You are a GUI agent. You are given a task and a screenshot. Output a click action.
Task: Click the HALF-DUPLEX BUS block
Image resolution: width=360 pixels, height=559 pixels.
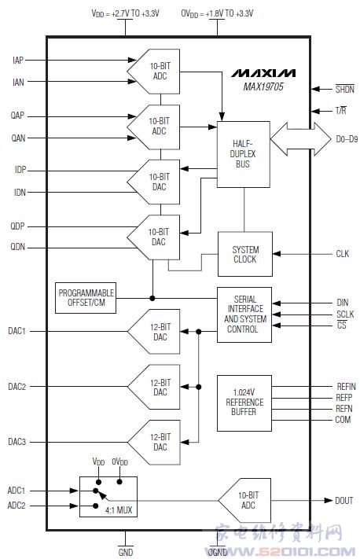pos(244,154)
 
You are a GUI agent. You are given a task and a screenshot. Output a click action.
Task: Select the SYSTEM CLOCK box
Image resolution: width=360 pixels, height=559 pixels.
pos(245,254)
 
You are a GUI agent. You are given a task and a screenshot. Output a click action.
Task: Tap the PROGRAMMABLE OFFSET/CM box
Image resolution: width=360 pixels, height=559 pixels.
pos(86,298)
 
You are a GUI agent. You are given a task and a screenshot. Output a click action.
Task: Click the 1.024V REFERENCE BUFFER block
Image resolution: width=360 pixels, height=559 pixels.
pos(244,403)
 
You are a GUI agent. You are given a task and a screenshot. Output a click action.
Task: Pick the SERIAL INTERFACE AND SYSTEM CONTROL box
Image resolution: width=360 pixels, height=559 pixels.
pos(244,314)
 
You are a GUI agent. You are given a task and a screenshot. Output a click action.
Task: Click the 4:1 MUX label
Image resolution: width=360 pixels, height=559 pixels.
pos(119,510)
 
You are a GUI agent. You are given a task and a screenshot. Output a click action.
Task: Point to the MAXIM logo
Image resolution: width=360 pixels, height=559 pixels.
pos(263,73)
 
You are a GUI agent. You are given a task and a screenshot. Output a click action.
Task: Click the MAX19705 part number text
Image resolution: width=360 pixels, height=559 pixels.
pos(263,86)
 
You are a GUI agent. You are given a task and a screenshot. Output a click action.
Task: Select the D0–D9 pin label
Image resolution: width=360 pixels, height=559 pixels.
pos(347,139)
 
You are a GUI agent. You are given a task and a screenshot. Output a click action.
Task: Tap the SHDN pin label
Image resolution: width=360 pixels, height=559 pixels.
pos(345,89)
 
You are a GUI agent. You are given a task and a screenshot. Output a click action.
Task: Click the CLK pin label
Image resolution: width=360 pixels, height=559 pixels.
pos(343,254)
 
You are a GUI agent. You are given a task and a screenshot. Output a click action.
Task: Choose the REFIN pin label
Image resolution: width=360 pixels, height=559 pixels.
pos(346,387)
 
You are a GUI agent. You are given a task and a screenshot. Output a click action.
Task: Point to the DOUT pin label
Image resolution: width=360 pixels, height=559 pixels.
pos(344,501)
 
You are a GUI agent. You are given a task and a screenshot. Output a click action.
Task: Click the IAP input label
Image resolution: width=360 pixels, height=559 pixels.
pos(18,61)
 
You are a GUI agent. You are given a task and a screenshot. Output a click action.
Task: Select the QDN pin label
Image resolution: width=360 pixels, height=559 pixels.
pos(18,247)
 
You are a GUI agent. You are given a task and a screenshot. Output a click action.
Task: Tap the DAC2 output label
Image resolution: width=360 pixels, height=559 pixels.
pos(17,387)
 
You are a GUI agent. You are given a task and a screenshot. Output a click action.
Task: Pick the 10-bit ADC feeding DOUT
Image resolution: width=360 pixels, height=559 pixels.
pos(245,501)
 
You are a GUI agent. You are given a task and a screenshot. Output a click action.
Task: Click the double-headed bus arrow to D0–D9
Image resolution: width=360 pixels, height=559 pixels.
pos(300,139)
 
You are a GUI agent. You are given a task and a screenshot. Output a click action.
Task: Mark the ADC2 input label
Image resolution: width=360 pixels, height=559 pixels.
pos(17,506)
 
